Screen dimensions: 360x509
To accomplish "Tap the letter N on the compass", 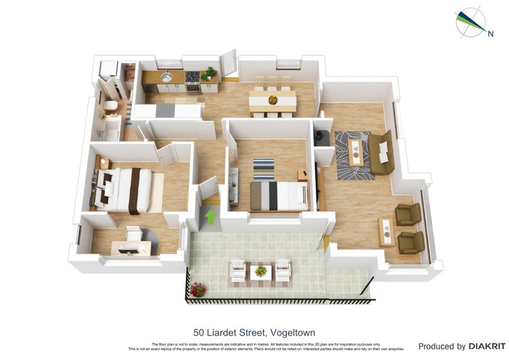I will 490,34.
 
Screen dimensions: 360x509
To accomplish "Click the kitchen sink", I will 166,77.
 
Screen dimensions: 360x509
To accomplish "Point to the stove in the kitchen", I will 193,78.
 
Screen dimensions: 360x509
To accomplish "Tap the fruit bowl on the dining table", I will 273,100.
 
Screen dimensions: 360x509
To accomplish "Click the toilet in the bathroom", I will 110,106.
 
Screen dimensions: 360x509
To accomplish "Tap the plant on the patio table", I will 260,272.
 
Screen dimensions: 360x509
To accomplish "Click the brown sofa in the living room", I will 382,153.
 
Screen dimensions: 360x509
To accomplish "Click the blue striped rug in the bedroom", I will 263,169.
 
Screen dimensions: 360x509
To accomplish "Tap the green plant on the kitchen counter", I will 208,73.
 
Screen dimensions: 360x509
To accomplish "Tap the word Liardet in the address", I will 224,332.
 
